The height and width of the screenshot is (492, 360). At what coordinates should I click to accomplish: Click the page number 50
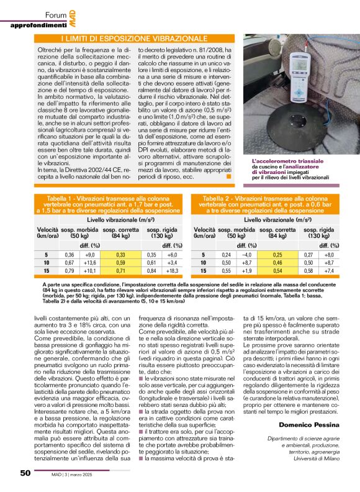pos(25,473)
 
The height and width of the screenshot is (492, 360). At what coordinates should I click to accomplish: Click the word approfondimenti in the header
pos(38,25)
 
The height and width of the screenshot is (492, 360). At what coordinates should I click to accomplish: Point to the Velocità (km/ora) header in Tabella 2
pos(204,233)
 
